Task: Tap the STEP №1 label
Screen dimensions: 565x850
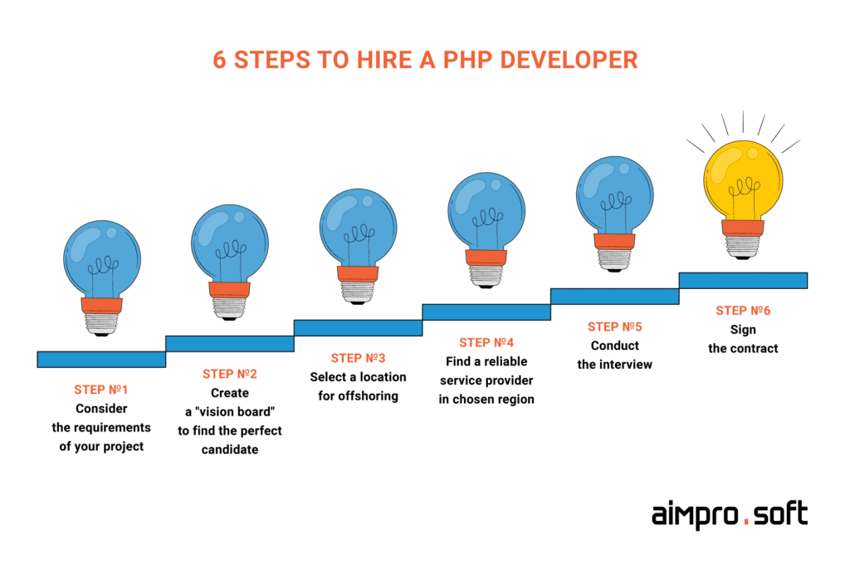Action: [101, 390]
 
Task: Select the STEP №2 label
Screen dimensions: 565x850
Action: [230, 374]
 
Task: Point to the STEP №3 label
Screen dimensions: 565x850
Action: [358, 358]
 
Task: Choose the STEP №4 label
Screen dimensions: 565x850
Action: [486, 342]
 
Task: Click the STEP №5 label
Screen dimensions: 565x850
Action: [615, 327]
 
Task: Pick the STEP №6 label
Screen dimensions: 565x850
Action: [743, 311]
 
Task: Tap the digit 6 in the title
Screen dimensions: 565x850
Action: [219, 61]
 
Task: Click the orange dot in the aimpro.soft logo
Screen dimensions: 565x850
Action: [746, 521]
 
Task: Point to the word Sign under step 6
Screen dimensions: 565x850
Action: [743, 330]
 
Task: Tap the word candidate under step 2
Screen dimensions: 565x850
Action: [230, 450]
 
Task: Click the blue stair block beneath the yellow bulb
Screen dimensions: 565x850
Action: [743, 281]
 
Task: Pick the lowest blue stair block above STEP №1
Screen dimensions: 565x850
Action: [101, 359]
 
